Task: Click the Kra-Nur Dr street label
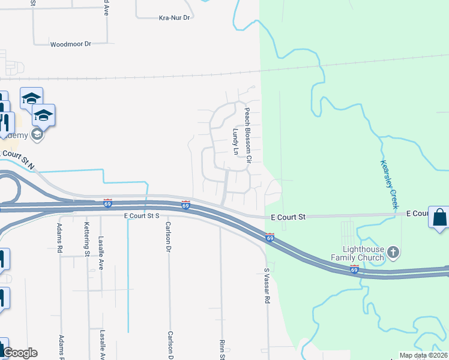coord(174,18)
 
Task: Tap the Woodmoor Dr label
coord(70,44)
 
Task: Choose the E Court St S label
coord(141,215)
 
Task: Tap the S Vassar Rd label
coord(267,286)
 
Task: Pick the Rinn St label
coord(221,349)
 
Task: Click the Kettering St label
coord(87,238)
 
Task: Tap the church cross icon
coord(393,252)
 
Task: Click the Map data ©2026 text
coord(423,355)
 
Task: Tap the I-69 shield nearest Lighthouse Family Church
coord(354,269)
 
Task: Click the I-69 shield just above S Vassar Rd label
coord(270,238)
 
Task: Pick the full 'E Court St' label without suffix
coord(288,216)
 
